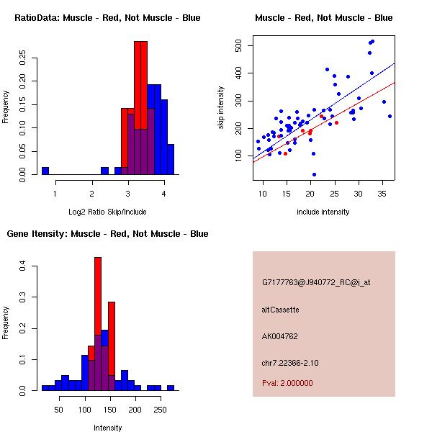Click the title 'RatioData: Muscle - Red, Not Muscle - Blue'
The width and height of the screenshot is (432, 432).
pyautogui.click(x=107, y=17)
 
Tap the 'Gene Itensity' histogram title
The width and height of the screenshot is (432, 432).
pyautogui.click(x=107, y=233)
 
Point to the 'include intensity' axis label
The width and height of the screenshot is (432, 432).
pyautogui.click(x=323, y=212)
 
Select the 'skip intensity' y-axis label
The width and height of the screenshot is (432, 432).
pyautogui.click(x=221, y=108)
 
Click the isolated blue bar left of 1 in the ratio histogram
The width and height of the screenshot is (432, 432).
pyautogui.click(x=45, y=171)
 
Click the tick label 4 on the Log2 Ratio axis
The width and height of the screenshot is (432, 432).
pyautogui.click(x=164, y=193)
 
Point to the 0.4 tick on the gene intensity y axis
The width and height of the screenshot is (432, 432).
pyautogui.click(x=23, y=266)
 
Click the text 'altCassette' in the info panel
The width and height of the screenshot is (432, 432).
pyautogui.click(x=280, y=310)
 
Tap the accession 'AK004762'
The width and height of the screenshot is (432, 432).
pyautogui.click(x=280, y=336)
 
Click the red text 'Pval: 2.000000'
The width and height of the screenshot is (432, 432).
pyautogui.click(x=291, y=384)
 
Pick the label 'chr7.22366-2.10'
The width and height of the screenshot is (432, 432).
pyautogui.click(x=290, y=362)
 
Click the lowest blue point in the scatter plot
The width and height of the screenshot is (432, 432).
pyautogui.click(x=314, y=174)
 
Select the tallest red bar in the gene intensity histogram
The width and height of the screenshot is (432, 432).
pyautogui.click(x=98, y=324)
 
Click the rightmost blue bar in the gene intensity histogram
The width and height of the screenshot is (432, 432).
pyautogui.click(x=171, y=387)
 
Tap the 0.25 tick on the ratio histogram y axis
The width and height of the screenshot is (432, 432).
pyautogui.click(x=23, y=57)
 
